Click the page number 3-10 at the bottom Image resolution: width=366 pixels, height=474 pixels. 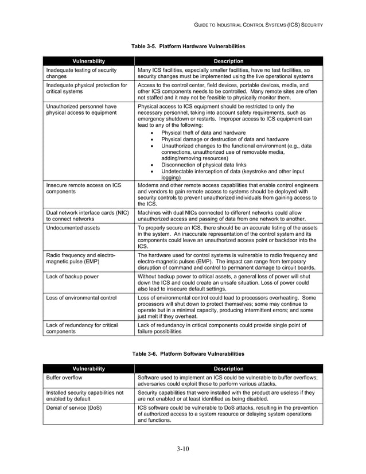coord(182,448)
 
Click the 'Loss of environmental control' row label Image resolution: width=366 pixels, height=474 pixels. coord(81,298)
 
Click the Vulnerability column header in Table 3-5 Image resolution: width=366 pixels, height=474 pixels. coord(88,61)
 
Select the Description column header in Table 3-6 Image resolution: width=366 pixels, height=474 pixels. coord(228,368)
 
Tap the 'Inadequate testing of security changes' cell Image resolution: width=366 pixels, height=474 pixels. coord(81,73)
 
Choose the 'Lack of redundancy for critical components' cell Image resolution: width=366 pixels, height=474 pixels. coord(81,328)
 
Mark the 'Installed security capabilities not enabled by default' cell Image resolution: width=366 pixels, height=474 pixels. coord(84,395)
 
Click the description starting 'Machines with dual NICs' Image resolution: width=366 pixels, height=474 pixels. coord(227,216)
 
